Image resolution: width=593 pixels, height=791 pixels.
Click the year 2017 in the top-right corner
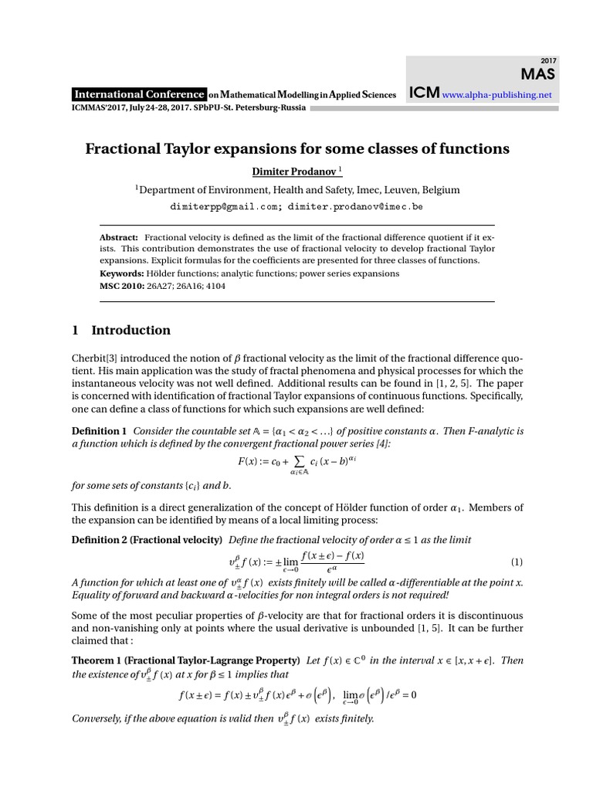[x=549, y=60]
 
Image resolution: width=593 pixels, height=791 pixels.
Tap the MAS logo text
[x=540, y=74]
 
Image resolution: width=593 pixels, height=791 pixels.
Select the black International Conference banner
[x=139, y=94]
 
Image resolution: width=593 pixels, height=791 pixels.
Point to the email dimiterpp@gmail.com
[x=224, y=207]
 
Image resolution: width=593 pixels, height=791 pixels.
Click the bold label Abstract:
[x=120, y=237]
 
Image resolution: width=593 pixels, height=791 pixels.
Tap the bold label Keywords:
[x=122, y=273]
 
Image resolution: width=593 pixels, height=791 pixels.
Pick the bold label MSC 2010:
[x=123, y=285]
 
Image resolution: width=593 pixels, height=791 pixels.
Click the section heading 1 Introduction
[x=121, y=331]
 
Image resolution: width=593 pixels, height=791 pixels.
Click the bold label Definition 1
[x=100, y=430]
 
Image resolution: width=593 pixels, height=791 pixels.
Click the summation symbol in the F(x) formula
[x=294, y=460]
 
